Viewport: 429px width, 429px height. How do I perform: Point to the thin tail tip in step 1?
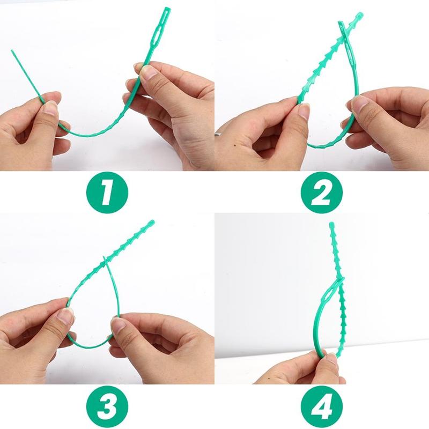point(12,51)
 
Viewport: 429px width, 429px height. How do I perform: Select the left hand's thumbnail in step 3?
point(65,316)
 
